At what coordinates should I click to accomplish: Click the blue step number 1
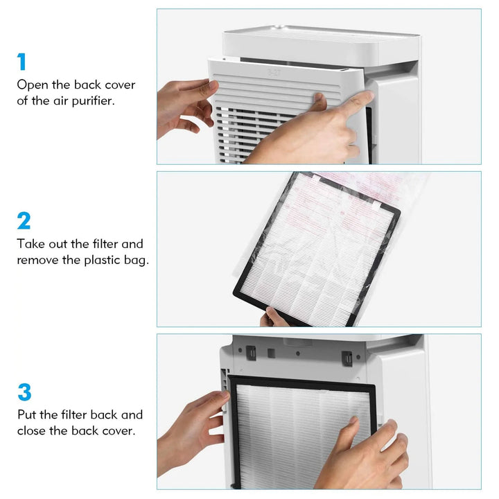pyautogui.click(x=22, y=62)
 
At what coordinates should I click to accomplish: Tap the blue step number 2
pyautogui.click(x=24, y=221)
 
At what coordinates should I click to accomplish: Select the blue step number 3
pyautogui.click(x=24, y=392)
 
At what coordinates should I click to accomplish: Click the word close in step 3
pyautogui.click(x=33, y=431)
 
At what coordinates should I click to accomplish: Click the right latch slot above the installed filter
pyautogui.click(x=347, y=358)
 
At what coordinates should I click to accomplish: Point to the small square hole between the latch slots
pyautogui.click(x=271, y=353)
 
